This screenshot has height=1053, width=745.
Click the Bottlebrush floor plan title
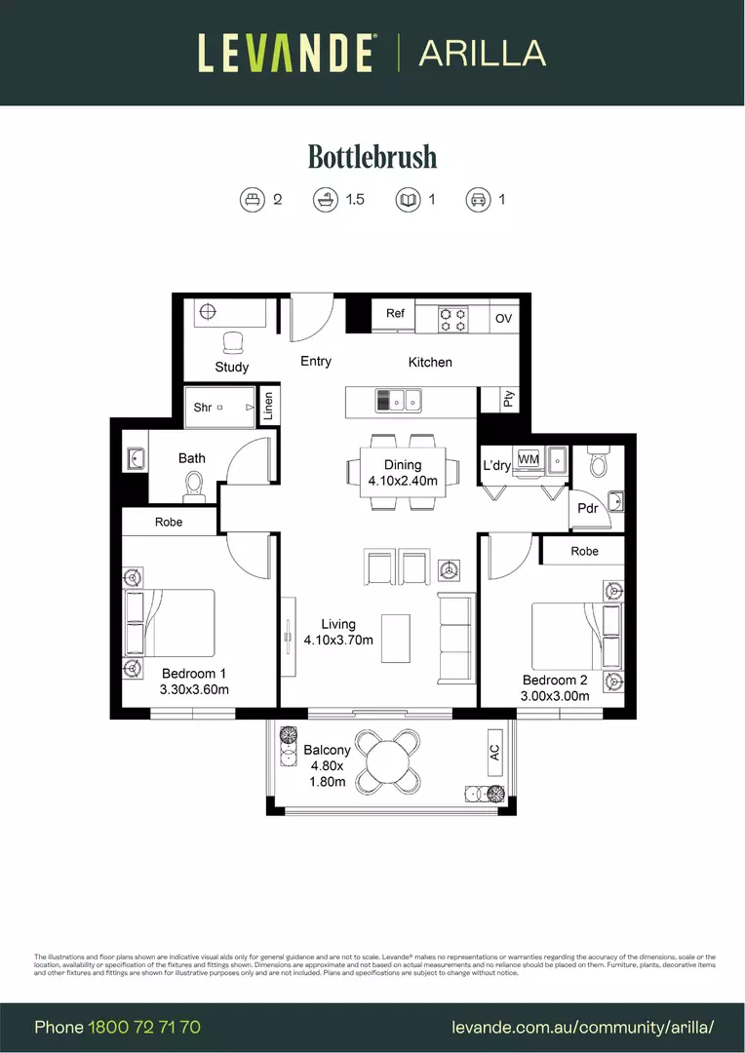372,156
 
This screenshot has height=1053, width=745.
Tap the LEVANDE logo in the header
286,53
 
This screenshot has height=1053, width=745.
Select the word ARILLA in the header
482,53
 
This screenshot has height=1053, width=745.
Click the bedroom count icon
253,199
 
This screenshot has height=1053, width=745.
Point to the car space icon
478,199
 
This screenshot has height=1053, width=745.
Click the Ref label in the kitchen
395,313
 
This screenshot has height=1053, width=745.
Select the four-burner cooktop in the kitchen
452,319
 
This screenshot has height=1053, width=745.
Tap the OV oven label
503,319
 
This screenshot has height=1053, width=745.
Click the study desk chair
232,342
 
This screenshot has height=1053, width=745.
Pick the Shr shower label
202,408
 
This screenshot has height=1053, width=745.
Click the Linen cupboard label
268,406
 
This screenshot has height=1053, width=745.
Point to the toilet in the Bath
194,484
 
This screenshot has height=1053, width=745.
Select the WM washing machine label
529,458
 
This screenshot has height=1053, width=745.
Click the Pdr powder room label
587,508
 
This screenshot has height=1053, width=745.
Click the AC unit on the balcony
494,753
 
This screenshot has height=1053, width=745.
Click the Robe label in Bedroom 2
584,551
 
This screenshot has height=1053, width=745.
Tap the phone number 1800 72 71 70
144,1027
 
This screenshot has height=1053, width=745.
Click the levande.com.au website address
583,1027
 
